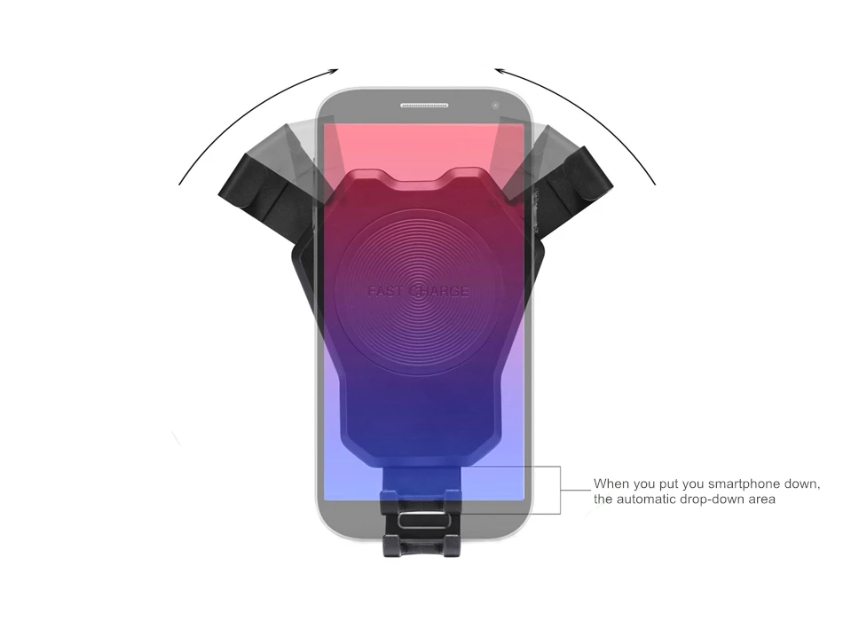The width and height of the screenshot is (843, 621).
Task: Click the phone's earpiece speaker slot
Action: [424, 106]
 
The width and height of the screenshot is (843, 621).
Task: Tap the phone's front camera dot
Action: [495, 106]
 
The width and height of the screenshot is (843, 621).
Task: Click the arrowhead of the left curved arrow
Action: [334, 70]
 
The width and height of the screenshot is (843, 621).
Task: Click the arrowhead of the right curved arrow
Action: [500, 70]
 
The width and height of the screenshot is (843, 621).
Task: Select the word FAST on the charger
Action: [385, 292]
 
